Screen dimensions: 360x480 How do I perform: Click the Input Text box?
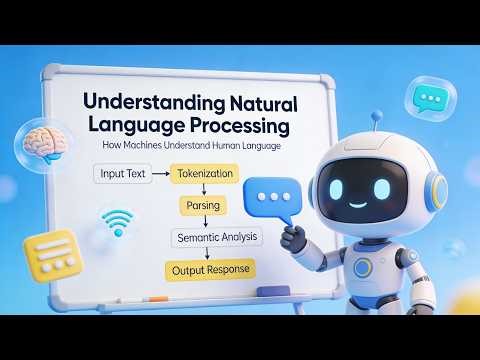click(122, 174)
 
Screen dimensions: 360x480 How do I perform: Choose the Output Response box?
click(213, 269)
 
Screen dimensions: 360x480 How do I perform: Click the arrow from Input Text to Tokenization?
click(160, 174)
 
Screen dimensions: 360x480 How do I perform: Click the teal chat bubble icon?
click(431, 98)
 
